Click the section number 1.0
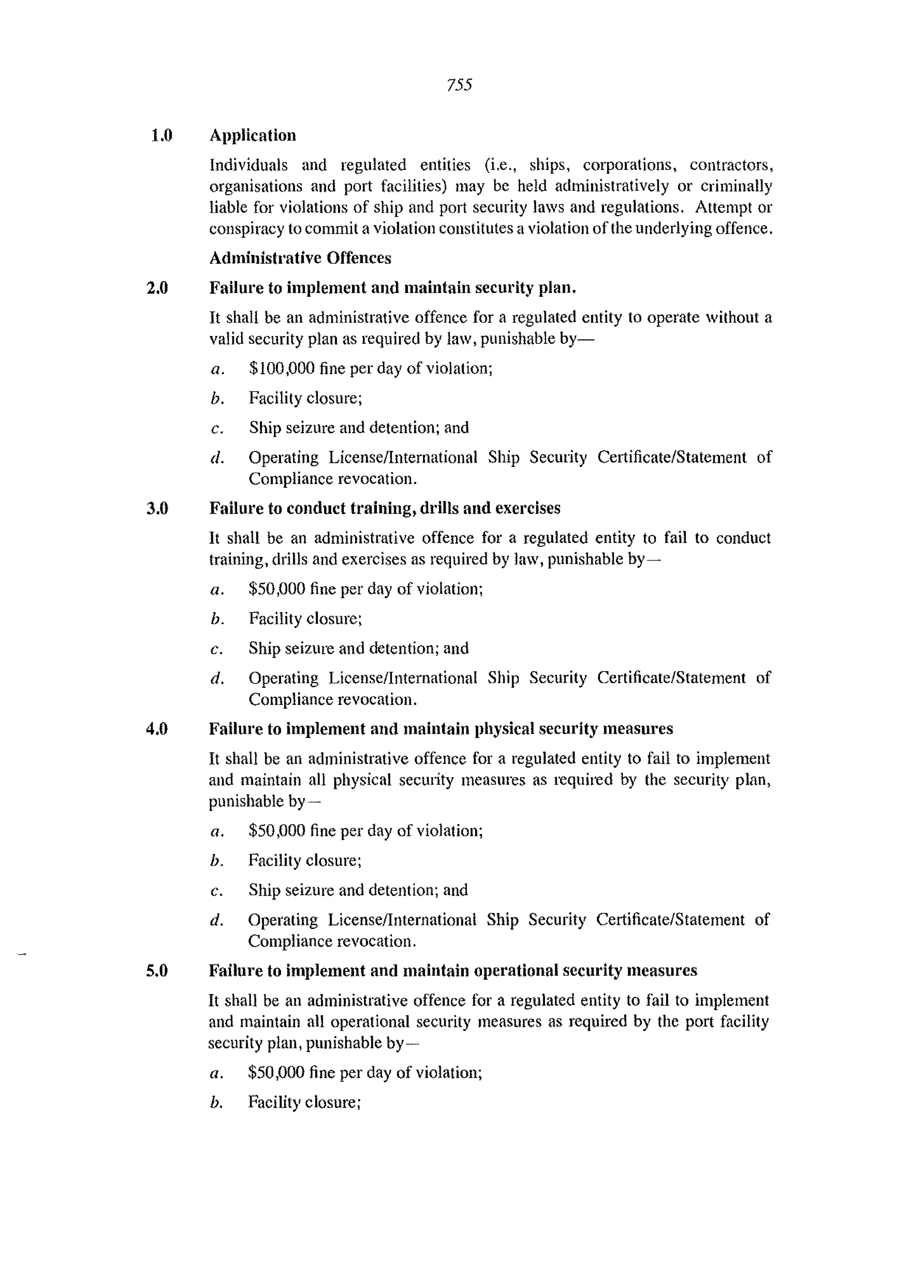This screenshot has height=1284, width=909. (x=162, y=135)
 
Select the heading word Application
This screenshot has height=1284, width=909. (x=253, y=135)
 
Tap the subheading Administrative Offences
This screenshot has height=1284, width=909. (x=300, y=258)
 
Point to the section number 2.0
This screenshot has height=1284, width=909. (x=157, y=288)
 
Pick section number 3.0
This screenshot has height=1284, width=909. (x=157, y=508)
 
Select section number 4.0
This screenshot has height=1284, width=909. (x=157, y=729)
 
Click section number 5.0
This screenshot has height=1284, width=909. (x=157, y=971)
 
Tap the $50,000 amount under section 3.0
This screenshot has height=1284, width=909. (x=277, y=589)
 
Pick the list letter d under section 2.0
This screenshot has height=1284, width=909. (x=217, y=458)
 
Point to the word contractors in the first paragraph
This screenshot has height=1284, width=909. (x=731, y=165)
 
